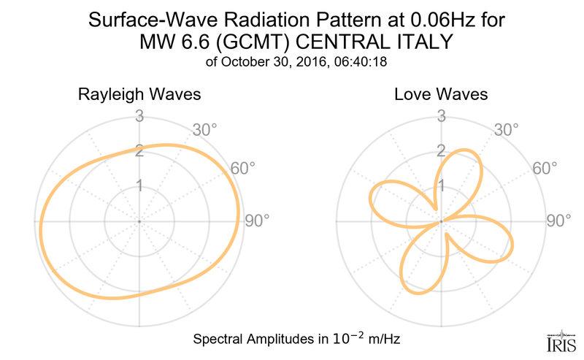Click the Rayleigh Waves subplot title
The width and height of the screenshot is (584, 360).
139,95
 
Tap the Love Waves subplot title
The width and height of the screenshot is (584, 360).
441,95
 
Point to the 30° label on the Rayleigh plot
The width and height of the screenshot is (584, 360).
204,130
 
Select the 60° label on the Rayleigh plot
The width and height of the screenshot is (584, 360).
243,168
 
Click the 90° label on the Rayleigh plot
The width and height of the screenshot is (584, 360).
257,221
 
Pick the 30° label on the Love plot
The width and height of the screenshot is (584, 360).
506,130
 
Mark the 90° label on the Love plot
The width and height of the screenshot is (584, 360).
559,221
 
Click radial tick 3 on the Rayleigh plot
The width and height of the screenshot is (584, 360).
139,115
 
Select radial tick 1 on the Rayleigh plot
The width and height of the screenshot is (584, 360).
139,186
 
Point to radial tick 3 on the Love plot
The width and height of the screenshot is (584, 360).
441,115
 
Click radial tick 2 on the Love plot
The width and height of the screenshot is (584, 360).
441,151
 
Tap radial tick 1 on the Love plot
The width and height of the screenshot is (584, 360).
441,186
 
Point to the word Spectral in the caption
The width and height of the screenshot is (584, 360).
219,340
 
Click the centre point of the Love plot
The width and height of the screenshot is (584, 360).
441,221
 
